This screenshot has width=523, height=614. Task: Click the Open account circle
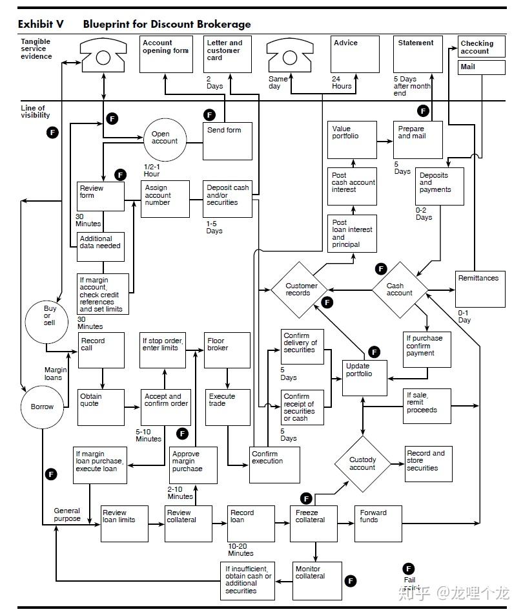pyautogui.click(x=165, y=140)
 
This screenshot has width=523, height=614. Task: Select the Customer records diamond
pyautogui.click(x=299, y=290)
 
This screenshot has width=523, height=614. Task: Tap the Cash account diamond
pyautogui.click(x=400, y=290)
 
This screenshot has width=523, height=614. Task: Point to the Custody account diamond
pyautogui.click(x=363, y=464)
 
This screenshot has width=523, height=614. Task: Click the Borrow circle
pyautogui.click(x=42, y=407)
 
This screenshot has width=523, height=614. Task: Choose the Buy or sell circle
pyautogui.click(x=46, y=323)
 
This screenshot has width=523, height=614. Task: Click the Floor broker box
pyautogui.click(x=227, y=350)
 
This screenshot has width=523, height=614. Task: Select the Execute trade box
pyautogui.click(x=228, y=407)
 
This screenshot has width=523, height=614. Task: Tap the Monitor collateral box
pyautogui.click(x=317, y=581)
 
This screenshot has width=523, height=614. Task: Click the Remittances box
pyautogui.click(x=480, y=289)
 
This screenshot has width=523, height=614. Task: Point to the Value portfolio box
pyautogui.click(x=352, y=140)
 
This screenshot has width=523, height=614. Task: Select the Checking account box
pyautogui.click(x=482, y=47)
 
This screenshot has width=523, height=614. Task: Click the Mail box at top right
pyautogui.click(x=482, y=67)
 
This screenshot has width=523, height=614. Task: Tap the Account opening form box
pyautogui.click(x=166, y=54)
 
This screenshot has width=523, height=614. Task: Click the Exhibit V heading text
pyautogui.click(x=41, y=25)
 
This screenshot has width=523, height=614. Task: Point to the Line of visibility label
pyautogui.click(x=36, y=112)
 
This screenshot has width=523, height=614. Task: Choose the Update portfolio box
pyautogui.click(x=365, y=378)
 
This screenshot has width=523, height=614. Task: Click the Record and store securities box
pyautogui.click(x=428, y=464)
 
